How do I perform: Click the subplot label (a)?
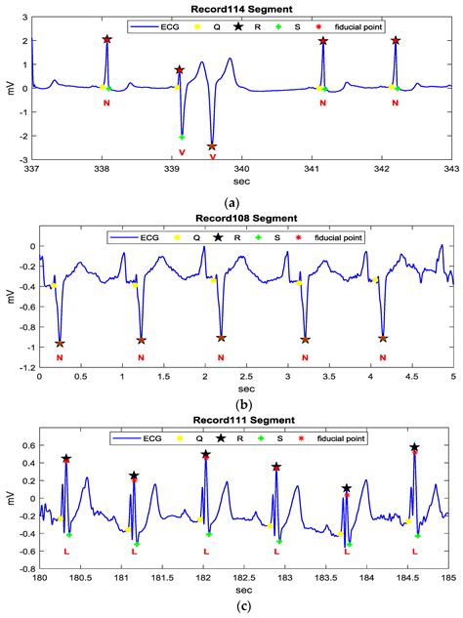click(x=231, y=201)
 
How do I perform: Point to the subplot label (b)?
click(x=231, y=402)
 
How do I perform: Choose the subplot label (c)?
click(x=231, y=608)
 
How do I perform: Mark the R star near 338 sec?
click(x=106, y=39)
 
